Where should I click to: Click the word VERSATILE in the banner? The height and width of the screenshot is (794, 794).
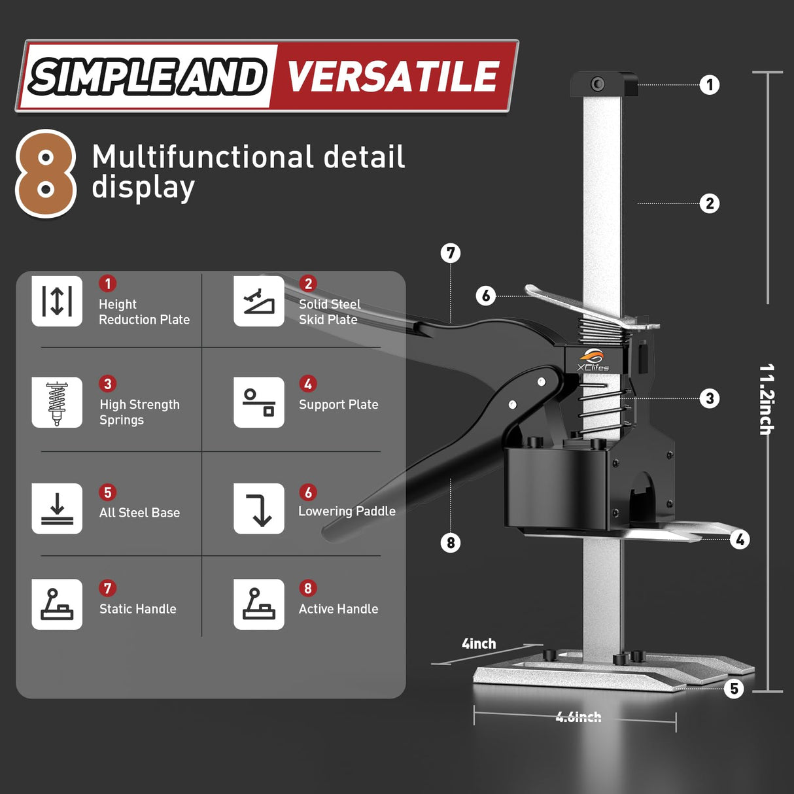click(393, 77)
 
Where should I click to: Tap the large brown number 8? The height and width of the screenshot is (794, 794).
click(46, 174)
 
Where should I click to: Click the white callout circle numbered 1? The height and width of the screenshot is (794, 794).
click(710, 85)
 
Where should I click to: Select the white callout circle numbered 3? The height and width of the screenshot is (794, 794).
click(710, 398)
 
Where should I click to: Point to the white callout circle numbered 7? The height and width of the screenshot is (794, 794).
click(451, 253)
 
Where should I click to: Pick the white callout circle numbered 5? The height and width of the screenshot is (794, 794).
click(734, 689)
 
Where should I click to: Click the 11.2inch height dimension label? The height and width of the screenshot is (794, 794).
click(766, 399)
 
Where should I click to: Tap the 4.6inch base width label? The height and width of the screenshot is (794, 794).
click(578, 717)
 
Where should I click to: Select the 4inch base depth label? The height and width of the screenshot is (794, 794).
click(479, 644)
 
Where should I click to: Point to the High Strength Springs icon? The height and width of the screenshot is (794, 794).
click(57, 402)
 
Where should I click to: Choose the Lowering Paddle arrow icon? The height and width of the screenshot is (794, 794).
click(259, 509)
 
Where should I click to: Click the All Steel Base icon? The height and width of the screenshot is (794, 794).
click(57, 509)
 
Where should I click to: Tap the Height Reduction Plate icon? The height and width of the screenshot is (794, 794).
click(57, 301)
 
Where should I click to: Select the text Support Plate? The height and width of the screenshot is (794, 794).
click(338, 405)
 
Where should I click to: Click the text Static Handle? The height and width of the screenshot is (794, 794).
click(137, 609)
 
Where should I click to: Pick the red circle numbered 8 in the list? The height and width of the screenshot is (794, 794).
click(308, 588)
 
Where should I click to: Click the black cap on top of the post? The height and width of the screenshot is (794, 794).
click(603, 84)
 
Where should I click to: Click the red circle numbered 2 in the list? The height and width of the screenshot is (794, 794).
click(308, 284)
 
